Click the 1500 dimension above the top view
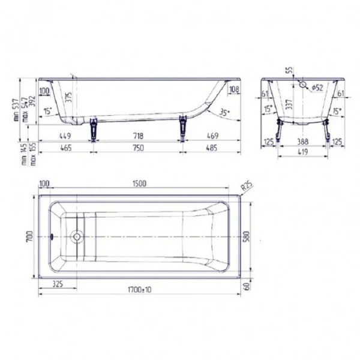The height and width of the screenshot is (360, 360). [139, 184]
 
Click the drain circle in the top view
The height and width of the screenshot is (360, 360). [77, 236]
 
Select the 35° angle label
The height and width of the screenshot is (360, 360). [224, 112]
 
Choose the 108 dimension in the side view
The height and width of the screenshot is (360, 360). [234, 90]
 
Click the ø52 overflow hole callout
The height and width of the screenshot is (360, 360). [317, 88]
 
